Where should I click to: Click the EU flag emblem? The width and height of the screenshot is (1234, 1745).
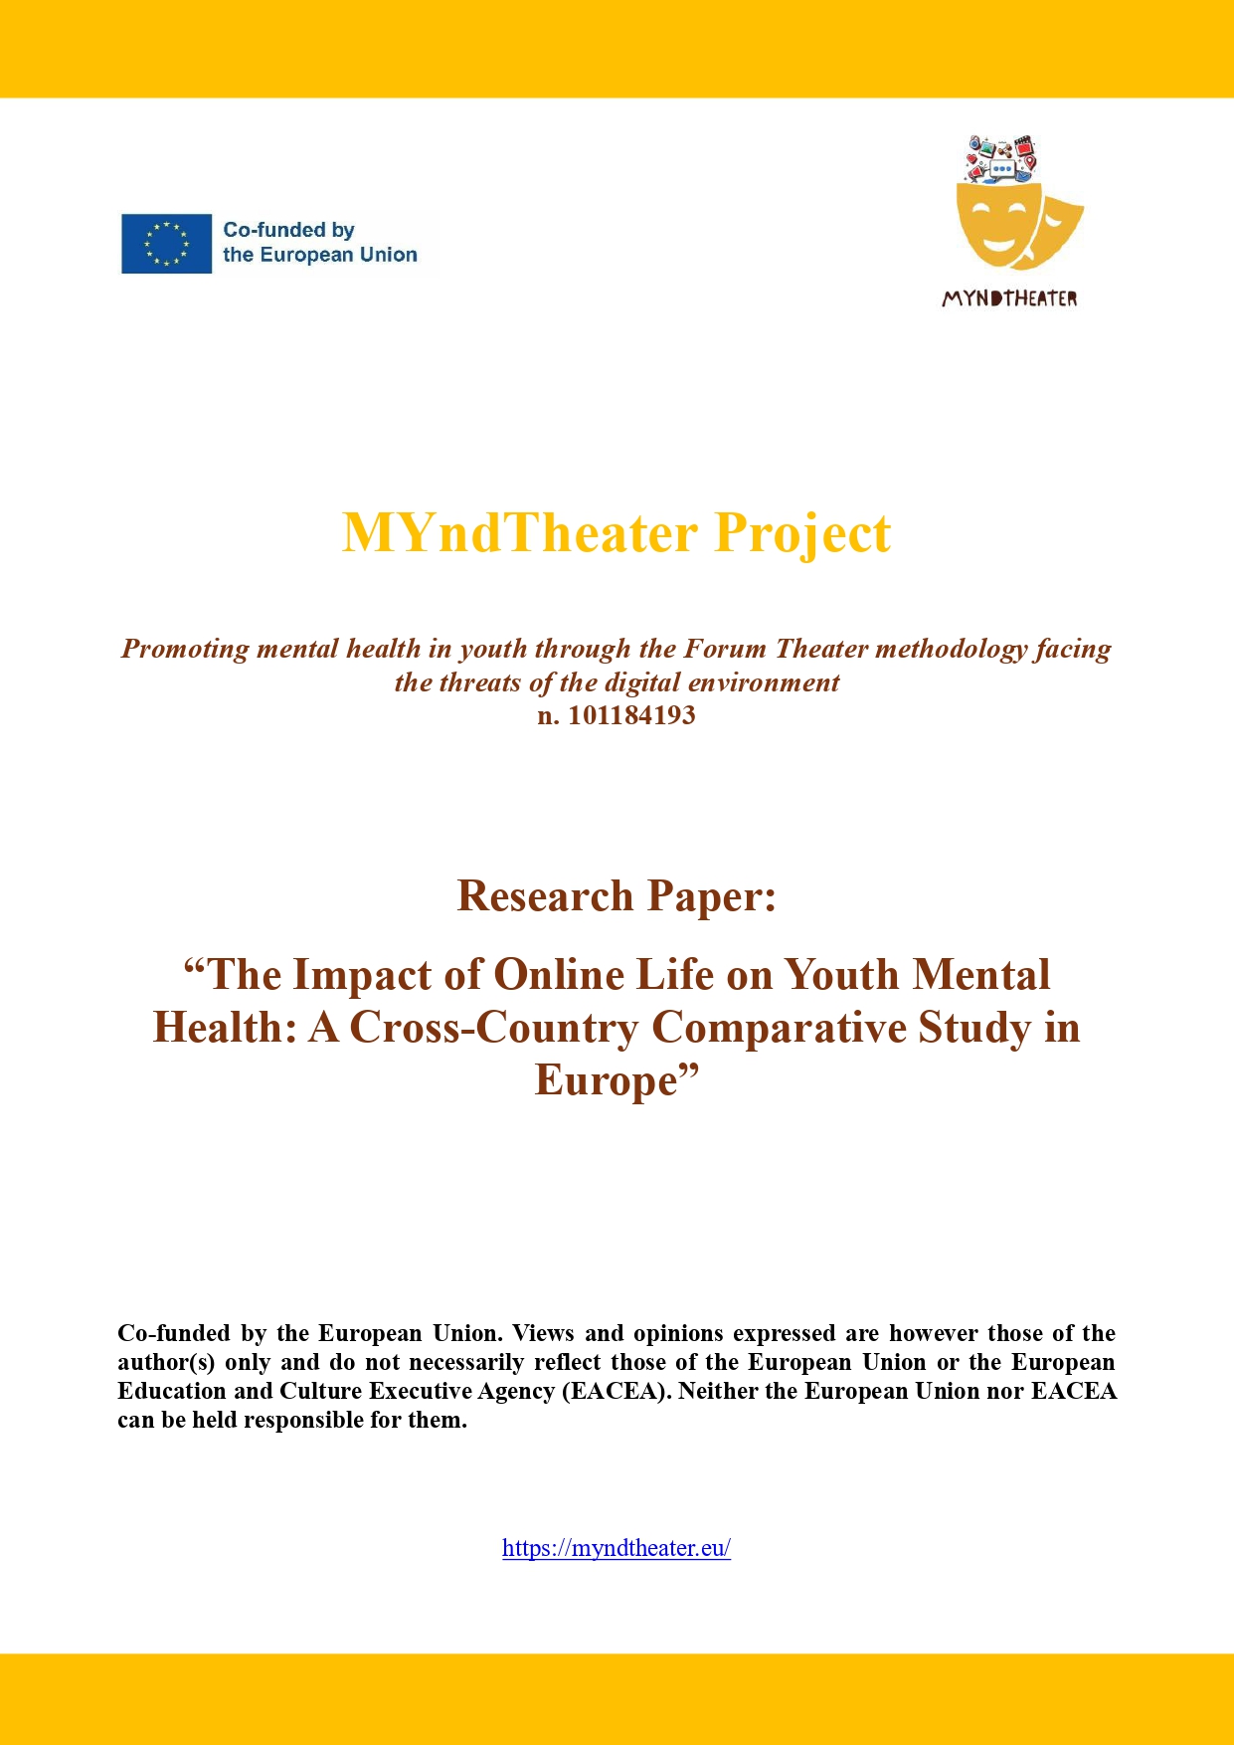coord(166,244)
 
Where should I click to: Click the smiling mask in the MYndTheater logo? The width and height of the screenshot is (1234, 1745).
coord(995,224)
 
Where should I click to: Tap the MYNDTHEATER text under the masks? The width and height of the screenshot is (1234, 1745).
coord(1009,298)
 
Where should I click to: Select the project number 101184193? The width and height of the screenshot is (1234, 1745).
coord(631,715)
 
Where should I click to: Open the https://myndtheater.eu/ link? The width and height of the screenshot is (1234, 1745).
coord(617,1548)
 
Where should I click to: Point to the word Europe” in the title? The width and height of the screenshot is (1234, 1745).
coord(617,1080)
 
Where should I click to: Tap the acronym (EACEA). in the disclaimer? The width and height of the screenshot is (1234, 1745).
coord(617,1391)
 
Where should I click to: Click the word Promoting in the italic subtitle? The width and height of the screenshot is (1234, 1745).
coord(185,650)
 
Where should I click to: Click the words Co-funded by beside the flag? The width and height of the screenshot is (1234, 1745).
coord(288,230)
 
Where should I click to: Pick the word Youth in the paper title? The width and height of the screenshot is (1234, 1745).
coord(843,975)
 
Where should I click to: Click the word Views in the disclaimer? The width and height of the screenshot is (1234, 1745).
coord(543,1333)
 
